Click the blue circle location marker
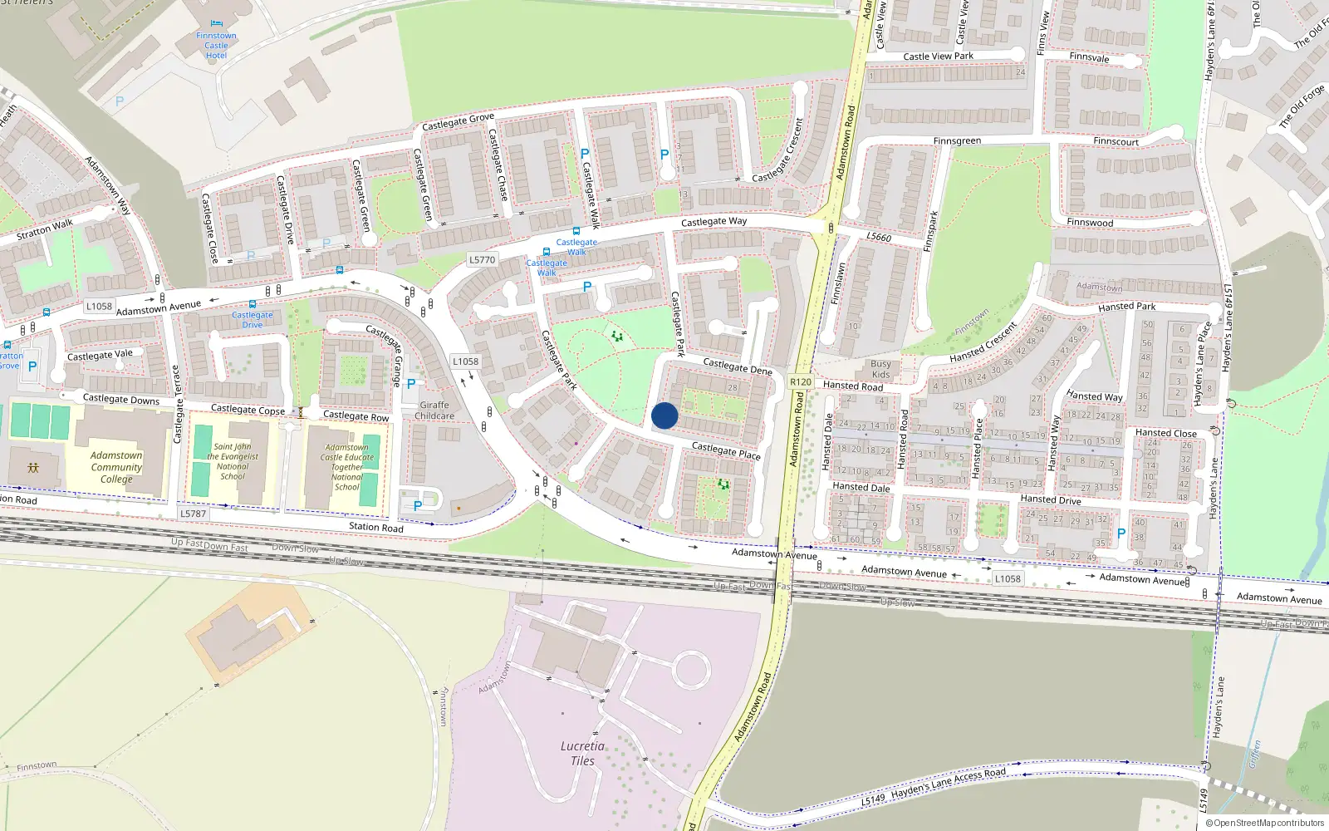(664, 415)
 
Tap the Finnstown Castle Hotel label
(216, 46)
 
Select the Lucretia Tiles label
(582, 753)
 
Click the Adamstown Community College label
(116, 467)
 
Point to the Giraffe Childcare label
(434, 411)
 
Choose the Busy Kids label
(880, 369)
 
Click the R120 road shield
(801, 382)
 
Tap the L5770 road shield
(482, 260)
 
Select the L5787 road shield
(193, 514)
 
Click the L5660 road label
(879, 238)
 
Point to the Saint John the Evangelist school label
(233, 461)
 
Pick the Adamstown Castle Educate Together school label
(347, 467)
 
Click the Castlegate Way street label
(714, 222)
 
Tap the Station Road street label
(376, 527)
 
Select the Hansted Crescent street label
(983, 342)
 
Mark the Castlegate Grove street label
(458, 121)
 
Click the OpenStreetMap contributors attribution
(1266, 823)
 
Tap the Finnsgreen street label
(957, 141)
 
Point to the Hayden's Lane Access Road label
(948, 783)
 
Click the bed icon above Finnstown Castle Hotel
(216, 23)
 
